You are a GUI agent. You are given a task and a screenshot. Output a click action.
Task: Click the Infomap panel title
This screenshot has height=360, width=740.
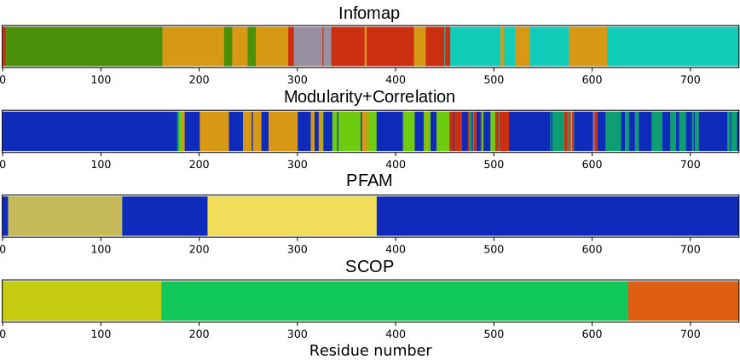(369, 13)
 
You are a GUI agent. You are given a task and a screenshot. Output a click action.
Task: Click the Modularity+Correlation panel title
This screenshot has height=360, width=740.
(369, 96)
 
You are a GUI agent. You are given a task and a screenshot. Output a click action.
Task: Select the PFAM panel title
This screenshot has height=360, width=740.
(369, 181)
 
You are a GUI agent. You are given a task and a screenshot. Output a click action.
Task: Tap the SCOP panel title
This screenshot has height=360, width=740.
(369, 266)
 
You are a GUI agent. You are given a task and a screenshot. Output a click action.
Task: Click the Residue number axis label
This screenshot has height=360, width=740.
(370, 350)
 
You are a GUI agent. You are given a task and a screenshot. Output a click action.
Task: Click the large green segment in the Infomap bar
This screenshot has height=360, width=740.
(84, 46)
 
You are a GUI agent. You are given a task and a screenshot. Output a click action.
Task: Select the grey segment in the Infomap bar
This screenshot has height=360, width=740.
(308, 46)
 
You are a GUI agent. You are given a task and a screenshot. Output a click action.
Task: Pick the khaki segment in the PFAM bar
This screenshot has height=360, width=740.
(65, 216)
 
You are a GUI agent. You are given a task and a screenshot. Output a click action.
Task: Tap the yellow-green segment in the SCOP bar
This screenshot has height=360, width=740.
(82, 300)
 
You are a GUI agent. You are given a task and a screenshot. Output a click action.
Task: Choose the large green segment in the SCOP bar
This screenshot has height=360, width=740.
(394, 300)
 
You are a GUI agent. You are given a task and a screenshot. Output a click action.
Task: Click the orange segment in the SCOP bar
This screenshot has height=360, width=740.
(683, 300)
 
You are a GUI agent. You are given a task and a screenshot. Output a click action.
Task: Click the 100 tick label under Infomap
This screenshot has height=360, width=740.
(101, 79)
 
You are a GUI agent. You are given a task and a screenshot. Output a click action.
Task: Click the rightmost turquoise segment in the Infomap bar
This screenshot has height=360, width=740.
(672, 46)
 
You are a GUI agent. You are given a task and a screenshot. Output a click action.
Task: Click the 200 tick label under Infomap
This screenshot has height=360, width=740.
(199, 79)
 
